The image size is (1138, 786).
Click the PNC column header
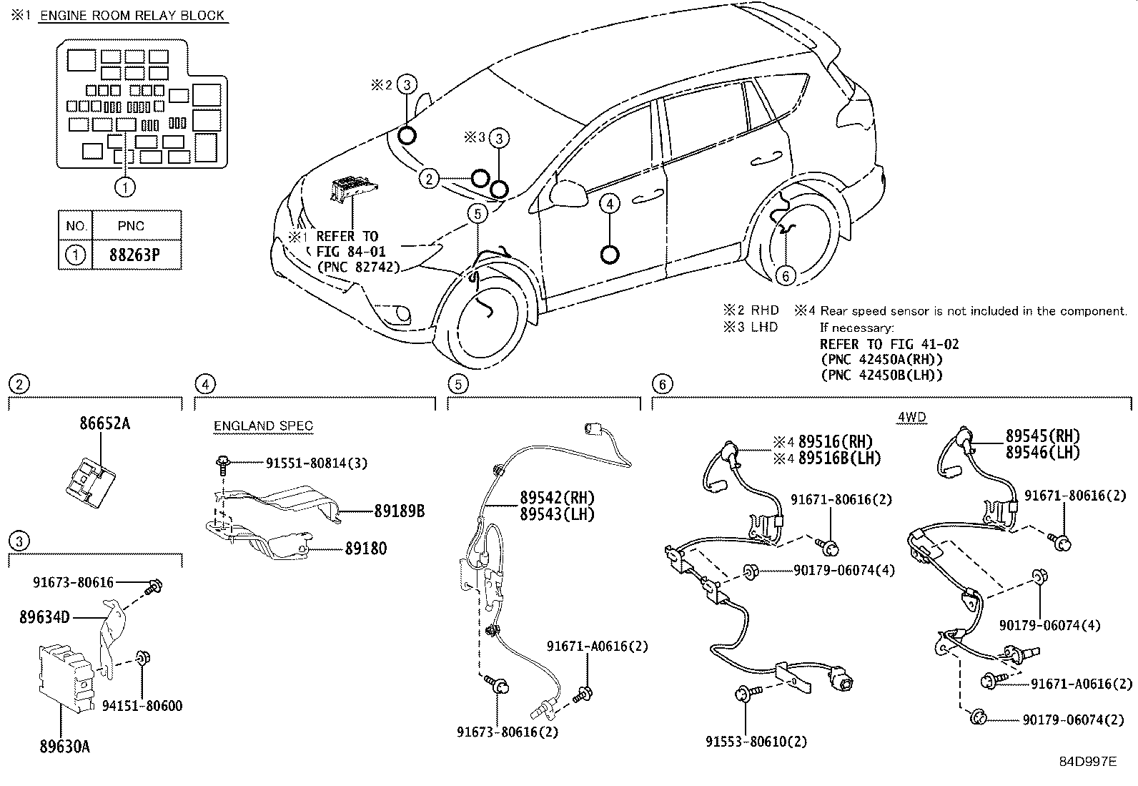(x=131, y=226)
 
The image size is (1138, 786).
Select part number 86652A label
(x=104, y=423)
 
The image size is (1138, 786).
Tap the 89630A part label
(x=64, y=747)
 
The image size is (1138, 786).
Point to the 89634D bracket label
(x=44, y=616)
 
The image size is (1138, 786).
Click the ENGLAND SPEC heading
(x=263, y=426)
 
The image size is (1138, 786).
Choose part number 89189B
(x=399, y=511)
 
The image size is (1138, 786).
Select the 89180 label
(x=366, y=549)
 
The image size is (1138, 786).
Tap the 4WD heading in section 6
(x=911, y=418)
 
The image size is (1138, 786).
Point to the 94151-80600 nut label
(x=142, y=706)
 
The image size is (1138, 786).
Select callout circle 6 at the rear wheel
(x=785, y=276)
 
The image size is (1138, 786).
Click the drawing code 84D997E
(x=1087, y=762)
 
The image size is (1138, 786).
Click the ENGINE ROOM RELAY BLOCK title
(x=133, y=15)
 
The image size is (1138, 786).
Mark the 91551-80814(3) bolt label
(x=317, y=463)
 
